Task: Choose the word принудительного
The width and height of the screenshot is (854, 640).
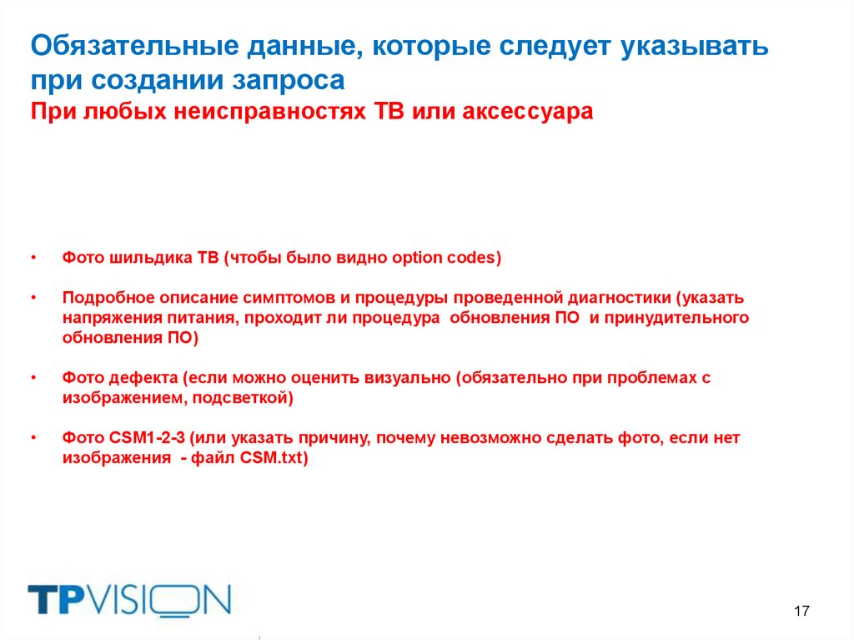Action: click(x=674, y=318)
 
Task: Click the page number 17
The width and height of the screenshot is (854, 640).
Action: click(x=801, y=612)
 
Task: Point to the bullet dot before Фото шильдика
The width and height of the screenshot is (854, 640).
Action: click(x=34, y=258)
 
